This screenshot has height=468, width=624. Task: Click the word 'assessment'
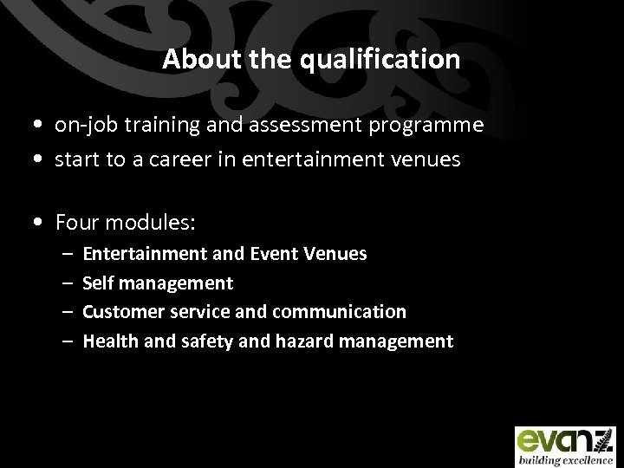(x=293, y=126)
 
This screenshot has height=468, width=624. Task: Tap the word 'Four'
(x=77, y=223)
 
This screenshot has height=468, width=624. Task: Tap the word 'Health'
(x=107, y=341)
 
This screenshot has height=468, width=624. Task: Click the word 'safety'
(x=205, y=341)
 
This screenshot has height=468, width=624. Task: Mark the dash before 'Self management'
(x=67, y=283)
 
